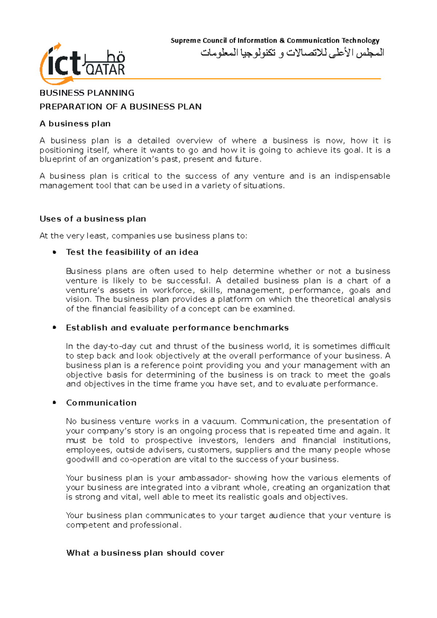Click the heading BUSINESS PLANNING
pyautogui.click(x=87, y=93)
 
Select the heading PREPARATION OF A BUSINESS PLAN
pyautogui.click(x=120, y=107)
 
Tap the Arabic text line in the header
pyautogui.click(x=292, y=53)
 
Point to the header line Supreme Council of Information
pyautogui.click(x=275, y=40)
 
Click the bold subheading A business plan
pyautogui.click(x=75, y=124)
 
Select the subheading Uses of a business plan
pyautogui.click(x=92, y=219)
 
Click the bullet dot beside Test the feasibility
pyautogui.click(x=55, y=252)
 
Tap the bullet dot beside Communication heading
pyautogui.click(x=55, y=403)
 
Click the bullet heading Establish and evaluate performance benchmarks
pyautogui.click(x=177, y=328)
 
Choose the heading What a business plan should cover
pyautogui.click(x=145, y=553)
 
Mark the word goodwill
pyautogui.click(x=82, y=459)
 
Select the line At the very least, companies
pyautogui.click(x=143, y=236)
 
